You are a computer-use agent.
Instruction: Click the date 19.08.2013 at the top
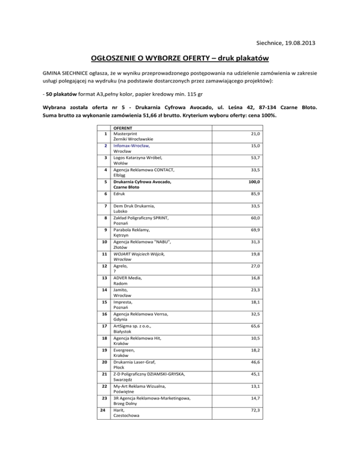(291, 43)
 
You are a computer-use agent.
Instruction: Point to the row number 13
(106, 278)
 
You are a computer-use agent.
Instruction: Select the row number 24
(106, 410)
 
